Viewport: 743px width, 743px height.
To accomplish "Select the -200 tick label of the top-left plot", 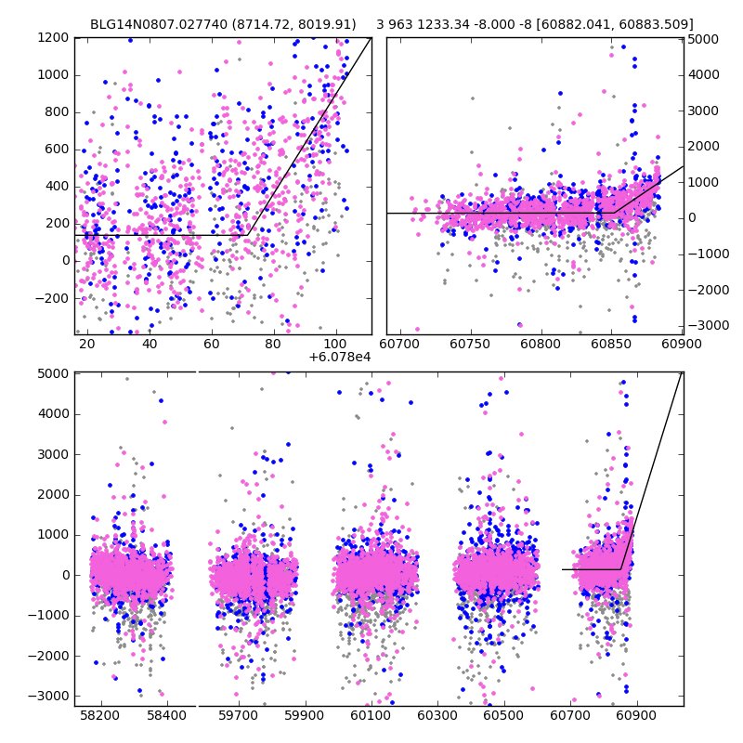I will pos(53,298).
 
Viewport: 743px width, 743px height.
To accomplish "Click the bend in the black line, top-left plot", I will pos(247,235).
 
